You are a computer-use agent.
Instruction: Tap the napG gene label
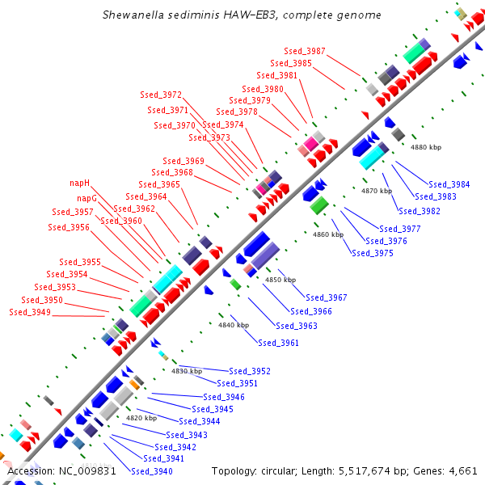pos(87,198)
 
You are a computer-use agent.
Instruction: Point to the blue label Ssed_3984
pos(449,184)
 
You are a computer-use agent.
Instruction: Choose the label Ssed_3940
pos(151,471)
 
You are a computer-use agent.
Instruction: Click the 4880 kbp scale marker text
pos(427,148)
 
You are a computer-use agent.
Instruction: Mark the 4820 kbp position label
pos(141,418)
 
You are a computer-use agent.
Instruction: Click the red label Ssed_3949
pos(30,312)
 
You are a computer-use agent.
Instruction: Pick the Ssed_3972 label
pos(161,95)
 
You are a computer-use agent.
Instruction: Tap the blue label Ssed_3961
pos(278,343)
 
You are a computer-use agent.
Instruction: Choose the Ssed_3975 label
pos(373,254)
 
